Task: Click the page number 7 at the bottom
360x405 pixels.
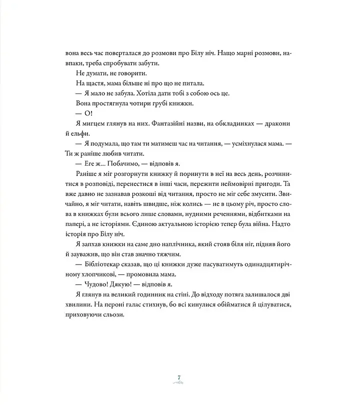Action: point(179,376)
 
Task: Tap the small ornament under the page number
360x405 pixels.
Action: point(179,382)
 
